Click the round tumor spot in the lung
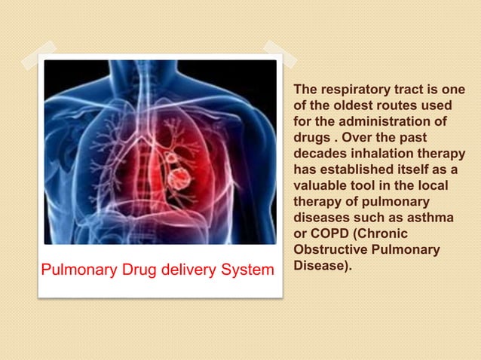tap(179, 179)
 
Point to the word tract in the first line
tap(405, 91)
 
